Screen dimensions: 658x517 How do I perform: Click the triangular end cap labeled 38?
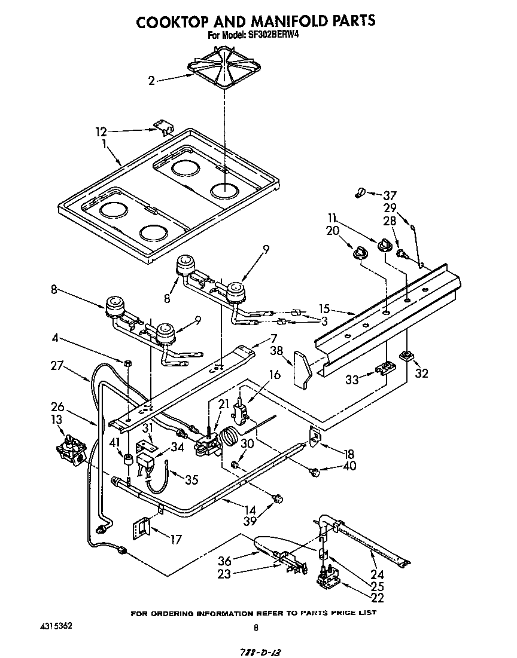pyautogui.click(x=303, y=369)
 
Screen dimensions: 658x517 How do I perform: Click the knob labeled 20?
pyautogui.click(x=360, y=254)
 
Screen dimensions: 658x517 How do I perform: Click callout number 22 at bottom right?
pyautogui.click(x=378, y=596)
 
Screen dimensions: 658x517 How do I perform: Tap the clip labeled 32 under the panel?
pyautogui.click(x=407, y=357)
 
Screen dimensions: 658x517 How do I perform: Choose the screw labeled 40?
pyautogui.click(x=314, y=474)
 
